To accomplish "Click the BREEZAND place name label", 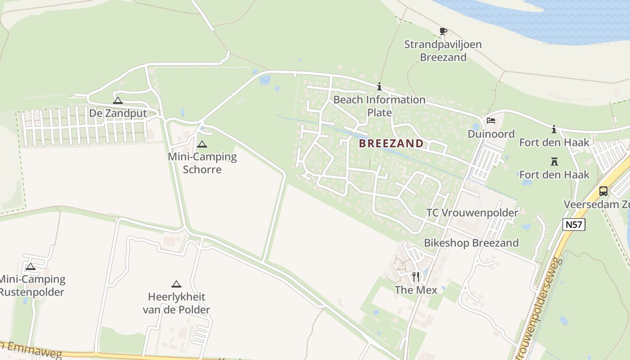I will click(391, 144).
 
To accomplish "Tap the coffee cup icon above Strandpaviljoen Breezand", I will click(443, 31).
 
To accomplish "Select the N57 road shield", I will click(574, 224).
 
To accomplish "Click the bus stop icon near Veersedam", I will click(603, 191).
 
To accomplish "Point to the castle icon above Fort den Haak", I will click(554, 162).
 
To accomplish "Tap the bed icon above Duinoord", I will click(491, 121).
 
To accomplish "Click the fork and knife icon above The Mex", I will click(416, 276).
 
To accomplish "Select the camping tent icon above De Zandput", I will click(118, 100).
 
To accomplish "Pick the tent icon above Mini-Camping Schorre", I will click(202, 144).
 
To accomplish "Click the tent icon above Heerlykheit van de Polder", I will click(176, 284).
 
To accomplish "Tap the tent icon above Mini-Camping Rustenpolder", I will click(31, 266).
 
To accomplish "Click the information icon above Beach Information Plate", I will click(379, 87).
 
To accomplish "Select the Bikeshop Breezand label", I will click(471, 243).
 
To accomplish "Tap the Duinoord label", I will click(491, 134).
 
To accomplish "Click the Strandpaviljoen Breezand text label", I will click(443, 51).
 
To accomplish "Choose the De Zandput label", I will click(118, 113).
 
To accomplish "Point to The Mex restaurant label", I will click(416, 290).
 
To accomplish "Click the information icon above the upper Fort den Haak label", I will click(554, 130).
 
